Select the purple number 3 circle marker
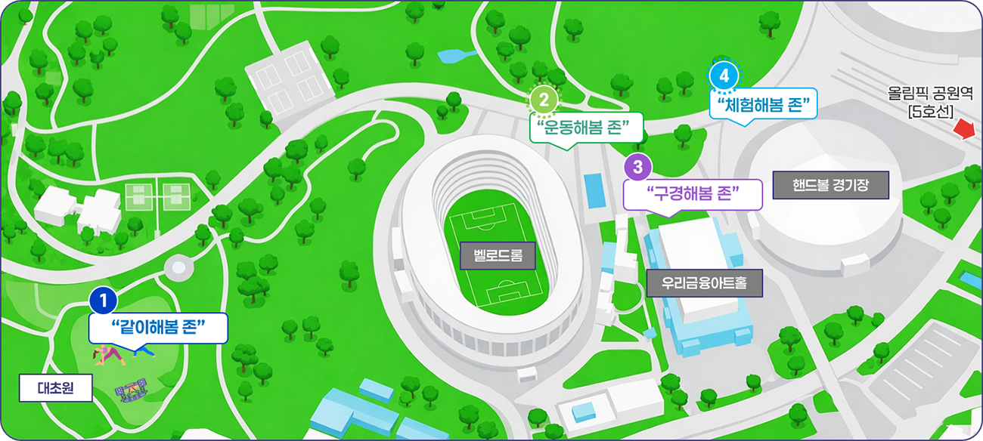[638, 165]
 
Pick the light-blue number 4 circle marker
[724, 76]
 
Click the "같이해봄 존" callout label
[158, 328]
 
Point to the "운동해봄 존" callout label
[586, 126]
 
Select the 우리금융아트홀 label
[704, 284]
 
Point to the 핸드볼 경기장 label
[829, 184]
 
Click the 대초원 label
[54, 390]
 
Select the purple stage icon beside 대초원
[129, 390]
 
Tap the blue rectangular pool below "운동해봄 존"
[594, 191]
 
